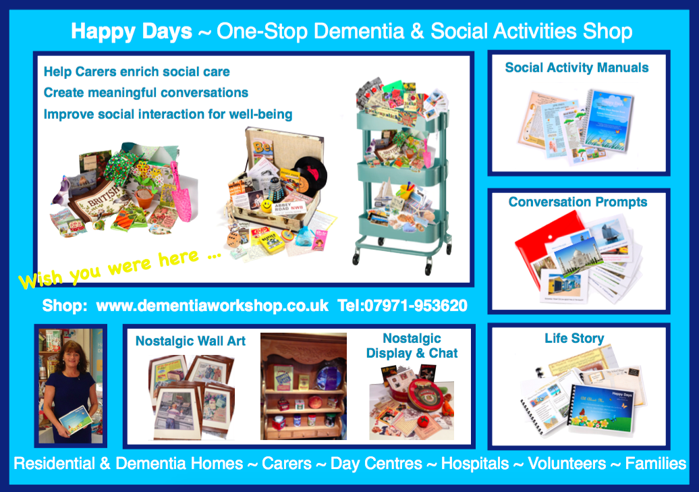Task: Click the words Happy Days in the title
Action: [x=132, y=31]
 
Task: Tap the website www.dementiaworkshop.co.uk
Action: [x=213, y=305]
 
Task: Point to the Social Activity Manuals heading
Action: [x=577, y=67]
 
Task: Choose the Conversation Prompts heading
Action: [x=578, y=202]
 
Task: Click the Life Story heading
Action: [x=574, y=338]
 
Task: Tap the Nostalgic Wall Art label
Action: [x=190, y=341]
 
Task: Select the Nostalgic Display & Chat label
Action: [x=412, y=346]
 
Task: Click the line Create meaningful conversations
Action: [x=146, y=92]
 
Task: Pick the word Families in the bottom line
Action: [x=655, y=464]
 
